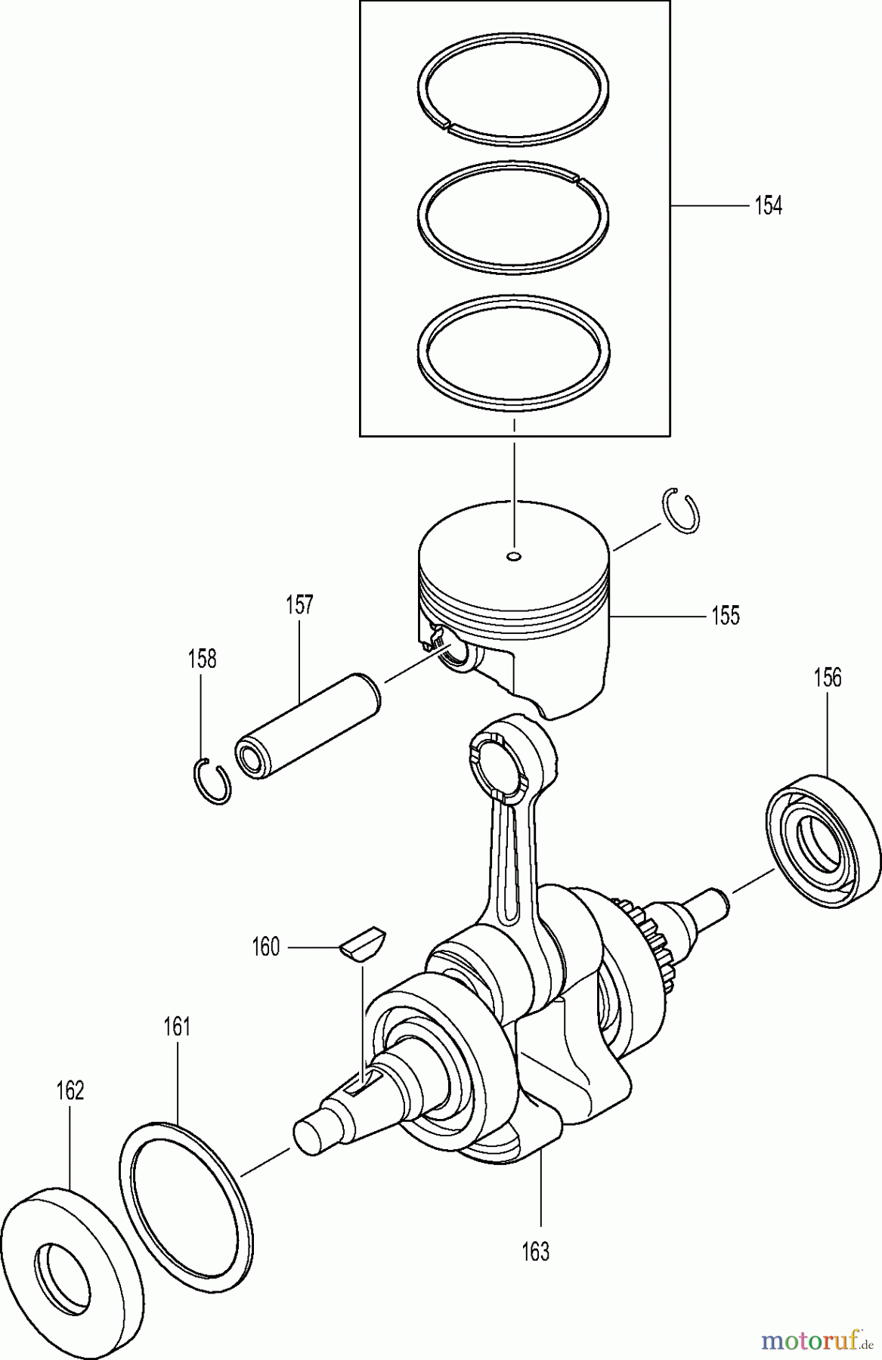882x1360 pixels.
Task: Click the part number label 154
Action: [x=768, y=206]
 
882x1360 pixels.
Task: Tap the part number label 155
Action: [x=726, y=616]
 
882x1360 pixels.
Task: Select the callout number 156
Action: [x=828, y=678]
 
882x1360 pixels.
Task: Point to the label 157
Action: [x=299, y=605]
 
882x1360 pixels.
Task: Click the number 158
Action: [x=202, y=659]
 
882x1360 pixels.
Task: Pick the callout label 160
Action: [x=265, y=947]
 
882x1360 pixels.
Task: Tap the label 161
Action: [x=177, y=1027]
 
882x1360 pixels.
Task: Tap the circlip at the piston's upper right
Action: [x=682, y=511]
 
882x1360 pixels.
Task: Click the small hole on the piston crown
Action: [x=514, y=557]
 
